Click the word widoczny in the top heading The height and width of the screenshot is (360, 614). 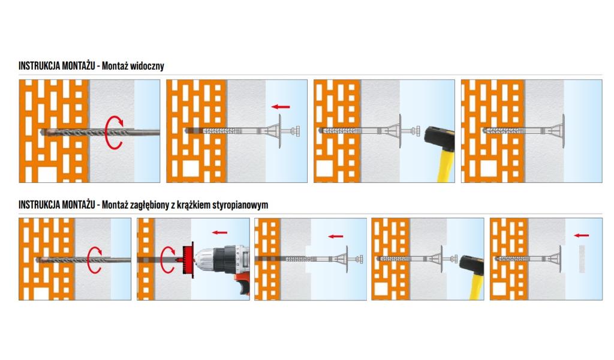click(x=147, y=66)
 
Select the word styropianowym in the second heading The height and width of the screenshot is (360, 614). click(x=243, y=205)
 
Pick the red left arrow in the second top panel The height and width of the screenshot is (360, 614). click(x=280, y=107)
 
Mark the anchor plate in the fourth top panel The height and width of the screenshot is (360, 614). click(x=564, y=130)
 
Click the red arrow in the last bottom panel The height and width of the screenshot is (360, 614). click(x=582, y=236)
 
